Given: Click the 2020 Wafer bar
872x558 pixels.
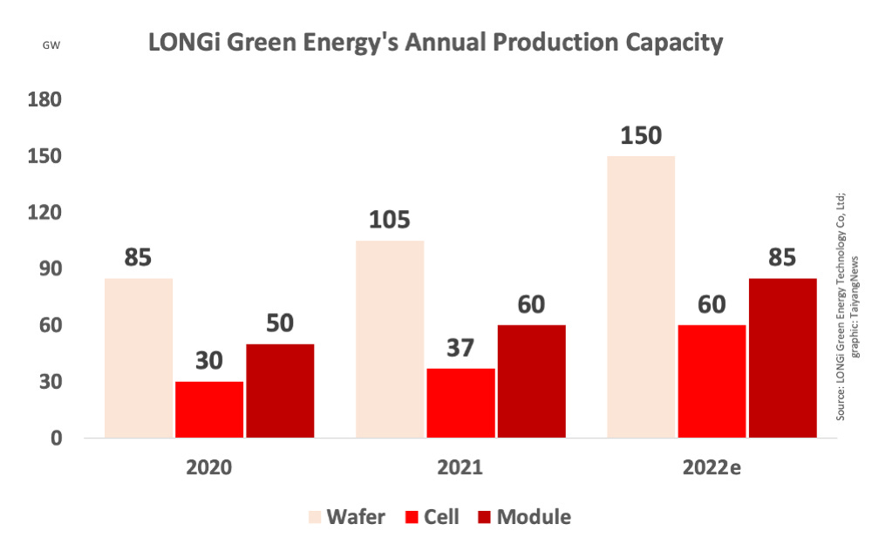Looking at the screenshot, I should (139, 357).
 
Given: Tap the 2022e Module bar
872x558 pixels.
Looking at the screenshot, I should (782, 357).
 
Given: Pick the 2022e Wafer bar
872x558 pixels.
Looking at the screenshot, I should (640, 296).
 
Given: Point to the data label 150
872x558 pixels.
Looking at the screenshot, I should (641, 137).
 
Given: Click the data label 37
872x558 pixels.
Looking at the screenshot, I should (460, 349).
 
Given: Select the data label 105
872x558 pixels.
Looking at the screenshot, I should (389, 221).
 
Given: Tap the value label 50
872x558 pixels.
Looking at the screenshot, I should (280, 323).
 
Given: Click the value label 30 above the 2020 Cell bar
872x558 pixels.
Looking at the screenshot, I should (209, 361).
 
